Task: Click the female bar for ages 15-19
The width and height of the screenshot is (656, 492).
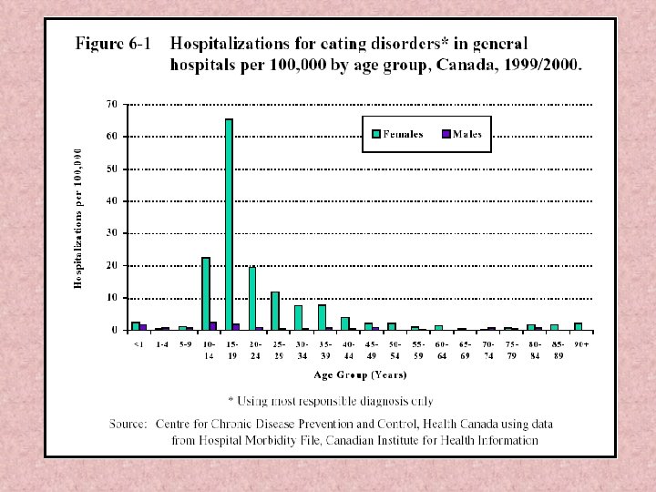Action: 229,224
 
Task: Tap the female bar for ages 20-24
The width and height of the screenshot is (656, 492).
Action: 252,298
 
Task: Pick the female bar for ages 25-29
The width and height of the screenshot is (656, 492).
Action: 275,311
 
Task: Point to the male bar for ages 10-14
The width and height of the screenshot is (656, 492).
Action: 213,325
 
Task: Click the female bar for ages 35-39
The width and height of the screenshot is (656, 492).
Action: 322,317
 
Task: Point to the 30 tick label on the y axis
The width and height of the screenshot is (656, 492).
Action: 112,233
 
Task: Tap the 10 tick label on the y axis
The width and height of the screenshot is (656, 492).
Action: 112,298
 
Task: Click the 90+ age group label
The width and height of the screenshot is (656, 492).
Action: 580,343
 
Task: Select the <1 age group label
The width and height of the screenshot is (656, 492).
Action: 138,343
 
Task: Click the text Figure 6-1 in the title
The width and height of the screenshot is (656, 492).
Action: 113,43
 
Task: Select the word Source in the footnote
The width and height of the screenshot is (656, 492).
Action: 128,424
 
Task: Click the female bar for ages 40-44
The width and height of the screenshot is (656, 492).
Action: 345,323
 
